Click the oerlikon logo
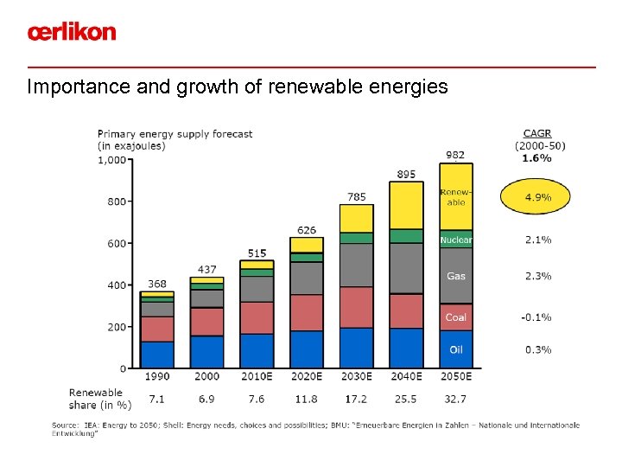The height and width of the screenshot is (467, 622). pos(71,32)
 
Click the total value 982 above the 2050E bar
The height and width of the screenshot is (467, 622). pos(455,155)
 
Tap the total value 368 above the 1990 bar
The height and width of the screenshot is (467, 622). pos(156,284)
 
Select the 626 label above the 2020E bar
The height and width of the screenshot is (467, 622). pos(307,230)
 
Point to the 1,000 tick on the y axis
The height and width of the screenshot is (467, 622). pos(111,160)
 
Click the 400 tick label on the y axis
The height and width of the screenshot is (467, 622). pos(116,285)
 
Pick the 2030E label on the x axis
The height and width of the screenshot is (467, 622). pos(356,377)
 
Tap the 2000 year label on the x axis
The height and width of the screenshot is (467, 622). pos(206,377)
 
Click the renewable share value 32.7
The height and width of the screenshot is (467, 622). pos(455,400)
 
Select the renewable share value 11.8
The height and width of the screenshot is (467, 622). pos(307,400)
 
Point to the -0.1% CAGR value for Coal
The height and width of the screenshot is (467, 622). pos(536,317)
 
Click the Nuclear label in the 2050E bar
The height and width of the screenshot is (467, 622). pos(456,240)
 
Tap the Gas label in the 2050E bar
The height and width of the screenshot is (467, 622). pos(456,277)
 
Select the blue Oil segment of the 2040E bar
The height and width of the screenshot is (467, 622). pos(406,348)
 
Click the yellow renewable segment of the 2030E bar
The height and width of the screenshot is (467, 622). pos(356,219)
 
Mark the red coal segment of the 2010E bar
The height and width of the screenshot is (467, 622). pos(257,317)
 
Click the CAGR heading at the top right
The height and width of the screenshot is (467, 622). pos(537,134)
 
